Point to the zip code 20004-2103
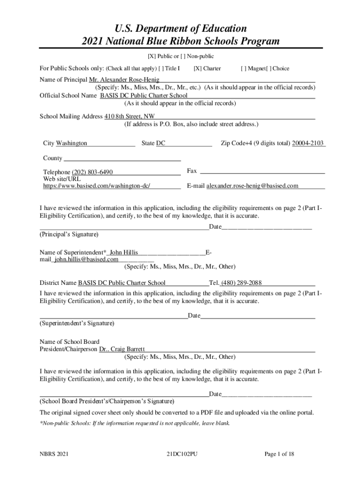[x=308, y=143]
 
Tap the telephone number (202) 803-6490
[x=92, y=172]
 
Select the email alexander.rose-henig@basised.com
[x=252, y=186]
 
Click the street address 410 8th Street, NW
[x=130, y=116]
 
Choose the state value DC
[x=160, y=143]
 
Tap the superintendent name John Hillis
[x=123, y=252]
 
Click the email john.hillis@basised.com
[x=86, y=259]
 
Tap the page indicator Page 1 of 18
[x=279, y=454]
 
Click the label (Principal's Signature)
[x=69, y=234]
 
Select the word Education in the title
[x=219, y=28]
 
